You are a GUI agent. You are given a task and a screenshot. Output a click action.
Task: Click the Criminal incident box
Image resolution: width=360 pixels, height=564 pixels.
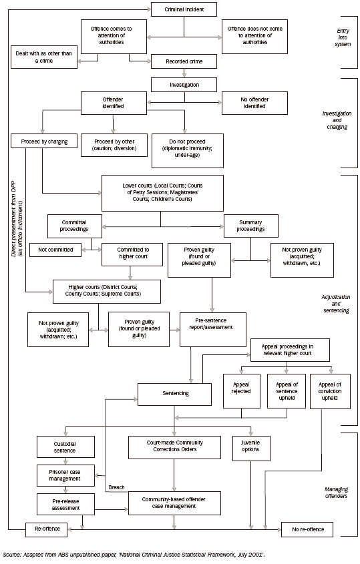(184, 9)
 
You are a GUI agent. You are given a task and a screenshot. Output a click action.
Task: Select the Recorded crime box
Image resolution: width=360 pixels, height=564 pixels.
(184, 62)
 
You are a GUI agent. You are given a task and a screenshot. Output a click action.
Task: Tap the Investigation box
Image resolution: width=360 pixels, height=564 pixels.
(184, 85)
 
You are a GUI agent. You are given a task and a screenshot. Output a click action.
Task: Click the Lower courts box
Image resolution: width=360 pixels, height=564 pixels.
(161, 193)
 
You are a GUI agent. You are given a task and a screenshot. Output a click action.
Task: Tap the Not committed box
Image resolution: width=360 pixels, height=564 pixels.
(55, 250)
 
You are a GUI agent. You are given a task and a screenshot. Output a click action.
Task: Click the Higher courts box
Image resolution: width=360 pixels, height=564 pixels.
(107, 291)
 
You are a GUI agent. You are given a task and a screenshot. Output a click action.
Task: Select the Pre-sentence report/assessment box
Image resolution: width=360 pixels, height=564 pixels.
(212, 327)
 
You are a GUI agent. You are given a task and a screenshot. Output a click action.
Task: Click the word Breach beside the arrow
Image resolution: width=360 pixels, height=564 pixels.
(116, 487)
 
